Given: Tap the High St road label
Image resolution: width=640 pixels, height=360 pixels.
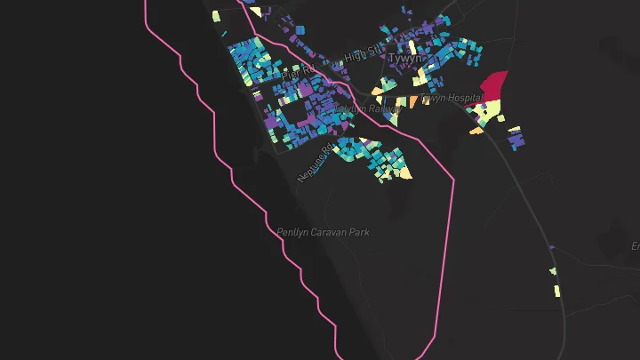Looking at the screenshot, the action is click(x=362, y=56).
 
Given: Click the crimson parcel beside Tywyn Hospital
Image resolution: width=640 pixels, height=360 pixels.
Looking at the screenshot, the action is click(x=494, y=87).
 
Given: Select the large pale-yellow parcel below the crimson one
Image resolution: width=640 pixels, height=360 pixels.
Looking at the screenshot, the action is click(x=488, y=112).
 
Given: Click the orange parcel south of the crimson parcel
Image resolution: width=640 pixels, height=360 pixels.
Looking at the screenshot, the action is click(x=477, y=132).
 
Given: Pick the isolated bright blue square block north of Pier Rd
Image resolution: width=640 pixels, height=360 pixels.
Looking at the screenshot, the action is click(x=300, y=30).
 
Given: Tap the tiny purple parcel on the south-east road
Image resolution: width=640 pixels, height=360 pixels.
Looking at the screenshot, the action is click(x=552, y=247).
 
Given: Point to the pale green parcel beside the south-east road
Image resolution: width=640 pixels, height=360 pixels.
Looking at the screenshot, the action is click(x=552, y=271).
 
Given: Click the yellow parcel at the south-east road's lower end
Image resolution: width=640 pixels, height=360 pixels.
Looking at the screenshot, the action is click(x=557, y=291).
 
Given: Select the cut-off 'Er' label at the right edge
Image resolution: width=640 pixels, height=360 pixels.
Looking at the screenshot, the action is click(x=635, y=245).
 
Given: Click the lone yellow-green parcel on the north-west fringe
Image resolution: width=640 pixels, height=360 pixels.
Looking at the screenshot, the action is click(x=216, y=16).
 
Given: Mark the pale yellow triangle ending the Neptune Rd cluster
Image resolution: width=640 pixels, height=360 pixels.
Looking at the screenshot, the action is click(x=405, y=172).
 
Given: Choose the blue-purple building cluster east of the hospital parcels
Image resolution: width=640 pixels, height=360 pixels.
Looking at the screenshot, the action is click(x=515, y=138).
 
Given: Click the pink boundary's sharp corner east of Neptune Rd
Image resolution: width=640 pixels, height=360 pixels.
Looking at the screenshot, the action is click(x=454, y=180).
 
